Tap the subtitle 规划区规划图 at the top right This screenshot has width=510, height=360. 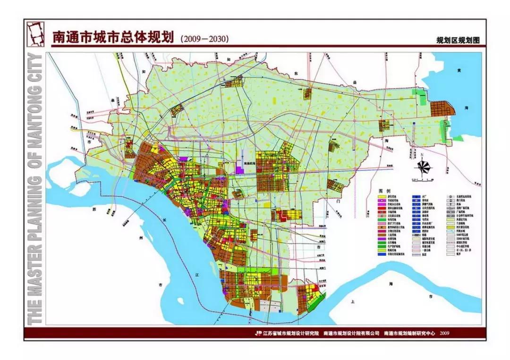point(458,41)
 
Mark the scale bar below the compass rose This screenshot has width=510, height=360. point(423,179)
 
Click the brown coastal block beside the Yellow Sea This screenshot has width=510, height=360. point(443,109)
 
